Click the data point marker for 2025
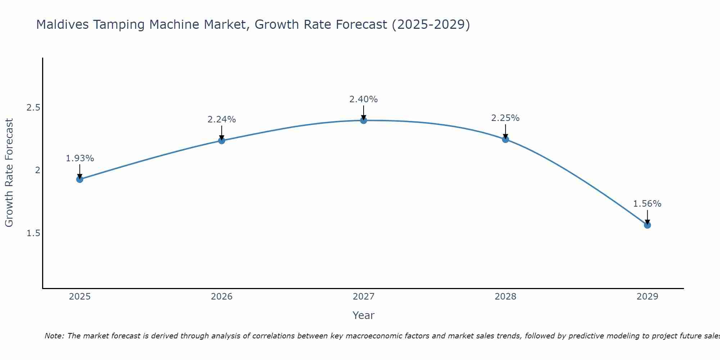pos(80,179)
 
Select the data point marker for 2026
pos(222,140)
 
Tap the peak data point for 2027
pos(364,120)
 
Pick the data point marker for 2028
pos(505,139)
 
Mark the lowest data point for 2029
pos(647,225)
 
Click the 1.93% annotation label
pos(80,158)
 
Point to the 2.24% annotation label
pos(222,120)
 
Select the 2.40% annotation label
pos(364,99)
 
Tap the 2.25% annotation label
pos(505,118)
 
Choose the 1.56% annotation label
pos(647,204)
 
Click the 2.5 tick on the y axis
pos(33,108)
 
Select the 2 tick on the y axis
pos(37,170)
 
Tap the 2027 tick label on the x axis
pos(364,297)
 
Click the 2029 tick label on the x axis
pos(647,297)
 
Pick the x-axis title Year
pos(364,315)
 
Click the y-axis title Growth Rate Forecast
pos(9,173)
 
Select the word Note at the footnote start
pos(54,336)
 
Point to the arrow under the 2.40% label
pos(364,112)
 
